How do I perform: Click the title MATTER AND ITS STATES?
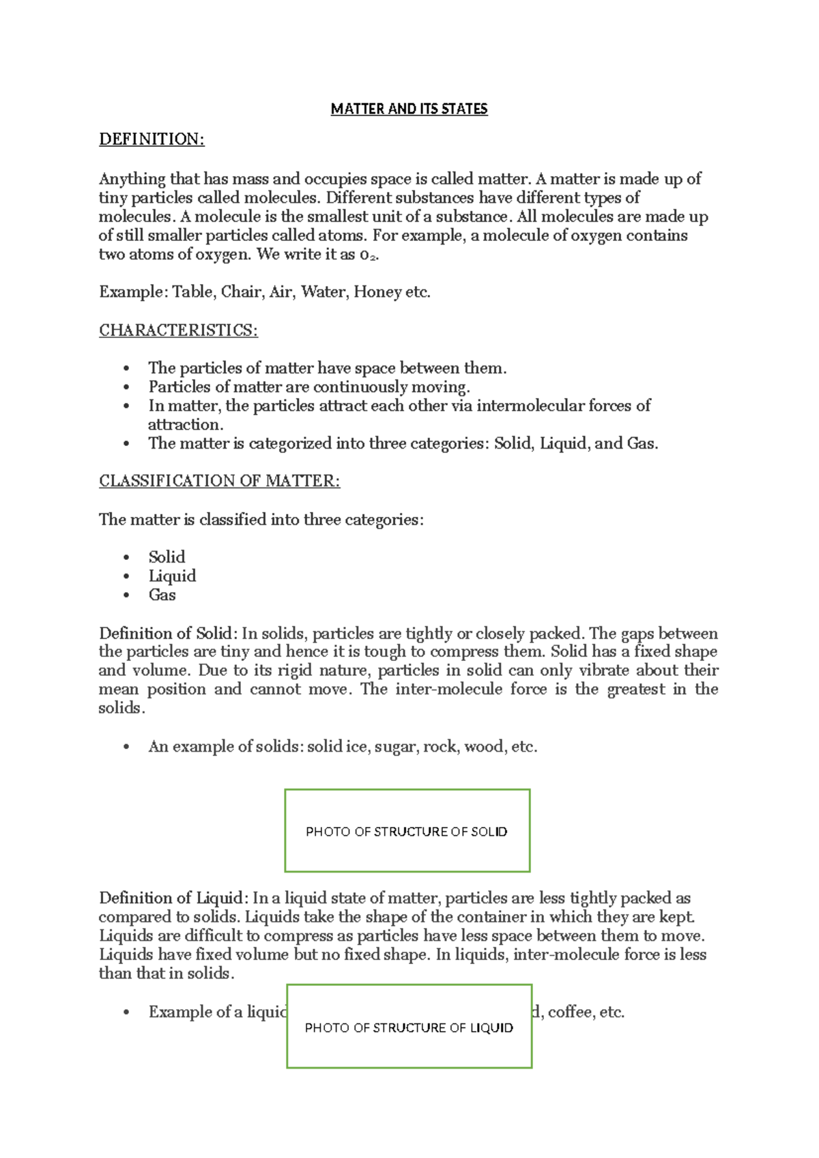(409, 109)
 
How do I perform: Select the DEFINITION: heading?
(152, 139)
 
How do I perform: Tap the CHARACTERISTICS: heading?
(178, 330)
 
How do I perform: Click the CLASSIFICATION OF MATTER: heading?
(219, 481)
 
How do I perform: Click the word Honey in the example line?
(377, 292)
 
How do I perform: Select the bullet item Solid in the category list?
(167, 557)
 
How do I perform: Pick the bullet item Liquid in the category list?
(172, 576)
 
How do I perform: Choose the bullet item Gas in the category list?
(162, 595)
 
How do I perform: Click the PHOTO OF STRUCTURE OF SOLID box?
(407, 831)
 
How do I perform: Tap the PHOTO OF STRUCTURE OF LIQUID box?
(409, 1027)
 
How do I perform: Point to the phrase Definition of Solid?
(168, 634)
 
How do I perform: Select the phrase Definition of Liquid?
(173, 898)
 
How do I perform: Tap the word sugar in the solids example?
(394, 747)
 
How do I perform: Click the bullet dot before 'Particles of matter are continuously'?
(126, 387)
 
